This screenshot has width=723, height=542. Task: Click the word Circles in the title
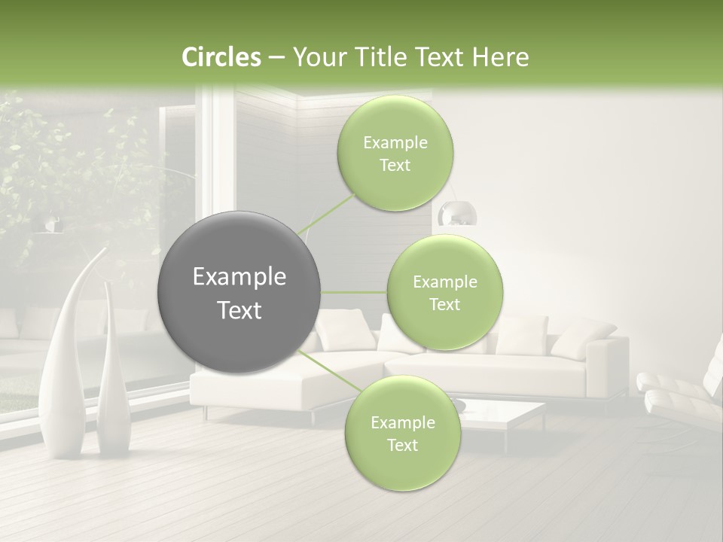(x=221, y=57)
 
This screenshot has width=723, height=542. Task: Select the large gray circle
(x=239, y=292)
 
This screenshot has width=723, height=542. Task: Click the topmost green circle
(x=395, y=154)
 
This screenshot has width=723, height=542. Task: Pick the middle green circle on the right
(x=444, y=293)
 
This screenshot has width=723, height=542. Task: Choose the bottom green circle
(x=402, y=434)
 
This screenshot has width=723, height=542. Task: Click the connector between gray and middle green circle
(x=354, y=292)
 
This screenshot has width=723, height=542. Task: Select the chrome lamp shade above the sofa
(x=458, y=215)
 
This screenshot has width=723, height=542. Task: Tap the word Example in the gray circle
(x=239, y=277)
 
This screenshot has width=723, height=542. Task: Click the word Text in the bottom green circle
(x=402, y=445)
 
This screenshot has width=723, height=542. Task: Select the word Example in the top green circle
(x=395, y=142)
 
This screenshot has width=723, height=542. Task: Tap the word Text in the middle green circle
(x=444, y=304)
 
